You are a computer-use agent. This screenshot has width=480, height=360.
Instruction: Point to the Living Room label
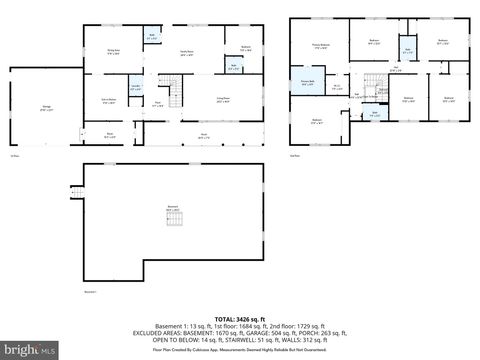[225, 100]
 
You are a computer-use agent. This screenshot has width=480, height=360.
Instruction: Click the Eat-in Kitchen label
[109, 100]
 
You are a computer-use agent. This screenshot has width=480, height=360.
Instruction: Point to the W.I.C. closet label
[337, 87]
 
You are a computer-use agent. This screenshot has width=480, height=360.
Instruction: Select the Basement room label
[172, 208]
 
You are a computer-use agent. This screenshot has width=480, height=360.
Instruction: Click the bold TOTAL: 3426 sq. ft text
[239, 314]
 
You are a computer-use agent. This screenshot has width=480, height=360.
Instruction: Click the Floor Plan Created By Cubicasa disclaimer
[239, 350]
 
